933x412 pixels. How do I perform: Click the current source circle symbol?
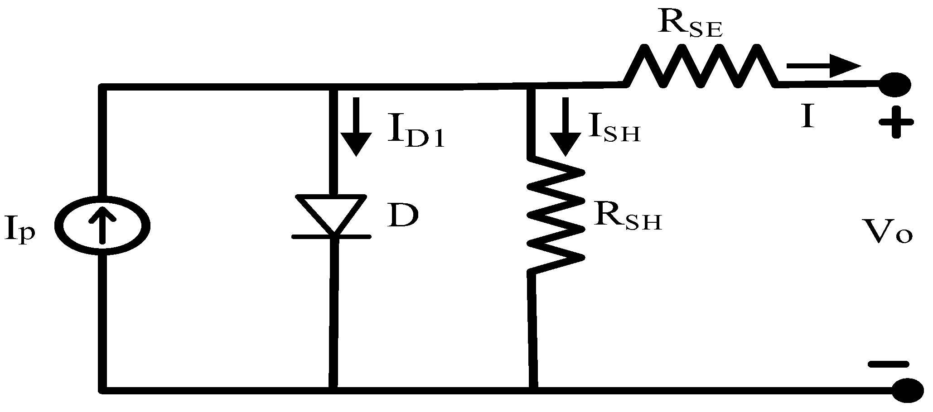tap(102, 225)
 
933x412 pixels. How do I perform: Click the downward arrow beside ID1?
tap(356, 126)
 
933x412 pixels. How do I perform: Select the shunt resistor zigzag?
tap(556, 215)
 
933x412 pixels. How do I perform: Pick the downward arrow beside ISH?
tap(565, 126)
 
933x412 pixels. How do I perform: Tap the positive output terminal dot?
tap(894, 84)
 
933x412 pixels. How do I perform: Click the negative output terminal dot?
tap(908, 389)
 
